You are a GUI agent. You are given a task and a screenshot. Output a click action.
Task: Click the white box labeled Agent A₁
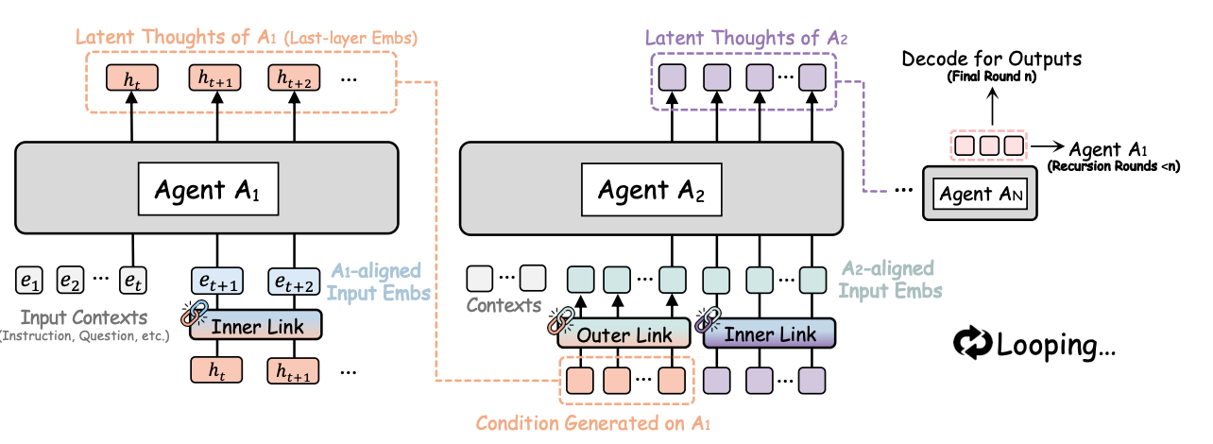pyautogui.click(x=209, y=189)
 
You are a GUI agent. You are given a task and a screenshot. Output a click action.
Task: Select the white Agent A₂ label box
pyautogui.click(x=652, y=190)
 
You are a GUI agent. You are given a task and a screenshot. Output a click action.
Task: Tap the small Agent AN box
pyautogui.click(x=981, y=194)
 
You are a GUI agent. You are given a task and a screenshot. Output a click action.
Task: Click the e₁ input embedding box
pyautogui.click(x=29, y=280)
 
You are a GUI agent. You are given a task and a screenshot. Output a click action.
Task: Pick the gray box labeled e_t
pyautogui.click(x=133, y=280)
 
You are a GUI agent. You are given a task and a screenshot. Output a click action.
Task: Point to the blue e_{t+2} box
pyautogui.click(x=294, y=281)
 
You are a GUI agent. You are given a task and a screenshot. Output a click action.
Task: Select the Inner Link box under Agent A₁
pyautogui.click(x=256, y=325)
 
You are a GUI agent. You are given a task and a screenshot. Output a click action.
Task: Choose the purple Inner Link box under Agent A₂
pyautogui.click(x=770, y=333)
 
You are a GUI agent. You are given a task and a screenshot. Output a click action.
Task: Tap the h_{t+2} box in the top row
pyautogui.click(x=294, y=78)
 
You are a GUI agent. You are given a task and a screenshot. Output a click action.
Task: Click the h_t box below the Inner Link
pyautogui.click(x=216, y=370)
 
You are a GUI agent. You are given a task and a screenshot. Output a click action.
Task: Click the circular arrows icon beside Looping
pyautogui.click(x=972, y=342)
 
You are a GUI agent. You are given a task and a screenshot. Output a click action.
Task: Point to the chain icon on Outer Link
pyautogui.click(x=561, y=321)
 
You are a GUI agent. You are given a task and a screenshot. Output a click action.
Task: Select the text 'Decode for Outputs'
pyautogui.click(x=992, y=59)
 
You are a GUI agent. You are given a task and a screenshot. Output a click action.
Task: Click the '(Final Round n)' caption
pyautogui.click(x=992, y=77)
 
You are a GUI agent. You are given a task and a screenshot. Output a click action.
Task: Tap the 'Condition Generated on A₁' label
pyautogui.click(x=593, y=423)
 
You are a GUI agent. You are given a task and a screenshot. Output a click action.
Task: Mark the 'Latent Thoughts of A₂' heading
pyautogui.click(x=745, y=38)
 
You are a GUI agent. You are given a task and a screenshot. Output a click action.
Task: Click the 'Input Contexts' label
pyautogui.click(x=84, y=317)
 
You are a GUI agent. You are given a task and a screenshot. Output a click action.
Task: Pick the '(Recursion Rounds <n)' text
pyautogui.click(x=1114, y=166)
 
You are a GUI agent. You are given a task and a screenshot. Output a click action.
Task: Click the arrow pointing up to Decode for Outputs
pyautogui.click(x=992, y=106)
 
